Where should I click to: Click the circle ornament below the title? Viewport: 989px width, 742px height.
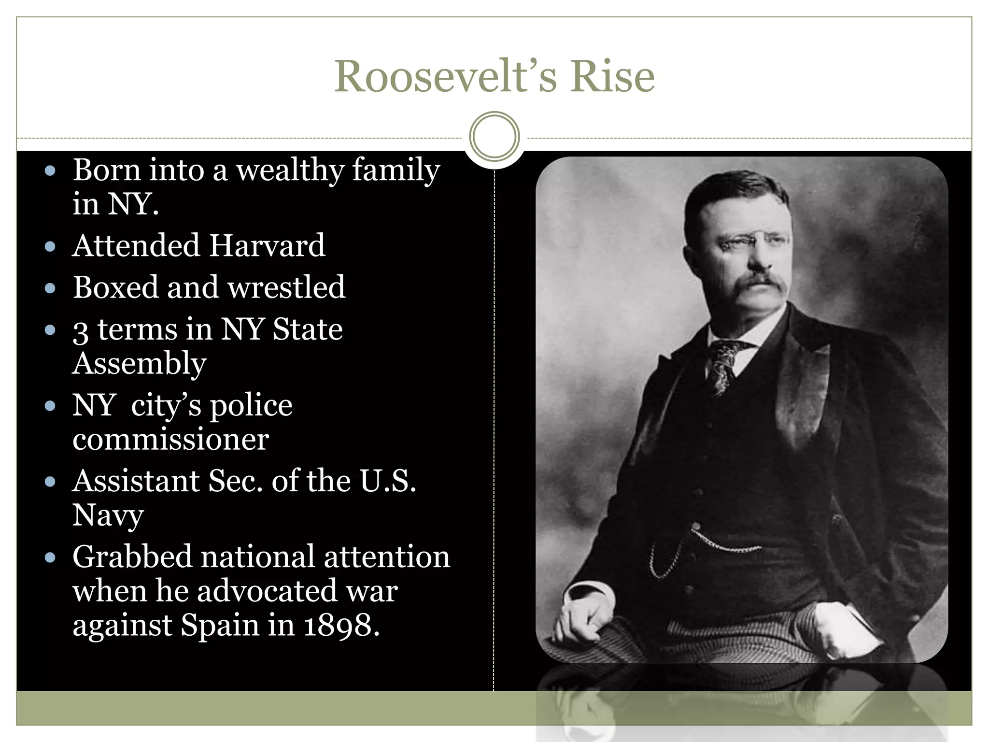pyautogui.click(x=494, y=136)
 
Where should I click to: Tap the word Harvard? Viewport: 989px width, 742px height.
pyautogui.click(x=267, y=245)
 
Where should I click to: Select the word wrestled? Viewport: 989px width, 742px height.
pyautogui.click(x=286, y=287)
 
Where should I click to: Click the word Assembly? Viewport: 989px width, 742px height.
pyautogui.click(x=139, y=364)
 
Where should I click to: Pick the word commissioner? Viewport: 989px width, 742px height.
pyautogui.click(x=170, y=439)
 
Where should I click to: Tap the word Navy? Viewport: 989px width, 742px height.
pyautogui.click(x=108, y=515)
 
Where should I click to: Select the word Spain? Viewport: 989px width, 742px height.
pyautogui.click(x=220, y=626)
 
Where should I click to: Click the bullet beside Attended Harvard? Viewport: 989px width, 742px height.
pyautogui.click(x=50, y=247)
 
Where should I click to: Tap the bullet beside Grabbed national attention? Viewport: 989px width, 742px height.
pyautogui.click(x=50, y=558)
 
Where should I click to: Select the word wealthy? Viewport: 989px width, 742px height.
pyautogui.click(x=290, y=171)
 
